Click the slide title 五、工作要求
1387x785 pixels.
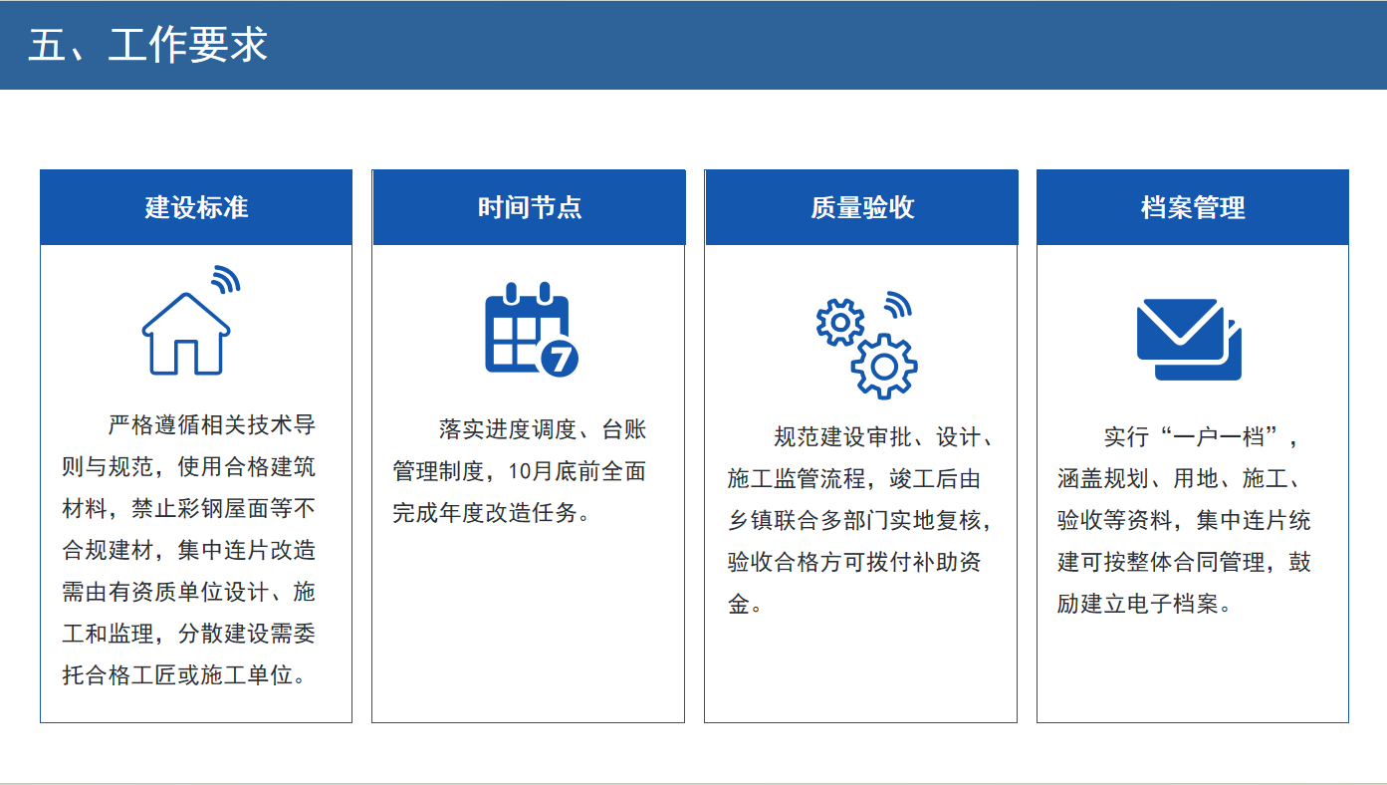(x=147, y=45)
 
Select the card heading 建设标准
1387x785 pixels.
(x=196, y=207)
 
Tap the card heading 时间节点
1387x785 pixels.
(x=530, y=207)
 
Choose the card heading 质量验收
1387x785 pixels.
(x=862, y=207)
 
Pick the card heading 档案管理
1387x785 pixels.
(x=1193, y=207)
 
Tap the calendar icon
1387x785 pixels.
(x=532, y=330)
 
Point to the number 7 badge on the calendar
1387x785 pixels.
(x=560, y=358)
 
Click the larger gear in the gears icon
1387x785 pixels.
(x=883, y=367)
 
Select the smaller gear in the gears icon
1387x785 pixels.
(x=839, y=322)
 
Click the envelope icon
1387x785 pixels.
(x=1189, y=340)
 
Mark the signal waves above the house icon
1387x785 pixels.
(x=225, y=279)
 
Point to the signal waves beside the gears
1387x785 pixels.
(x=898, y=305)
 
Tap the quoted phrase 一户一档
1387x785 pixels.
(x=1218, y=437)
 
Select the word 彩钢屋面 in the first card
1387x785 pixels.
(x=224, y=509)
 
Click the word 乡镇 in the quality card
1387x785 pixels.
(x=751, y=520)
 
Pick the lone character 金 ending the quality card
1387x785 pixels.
(x=739, y=604)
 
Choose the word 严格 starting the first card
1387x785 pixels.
(x=130, y=425)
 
